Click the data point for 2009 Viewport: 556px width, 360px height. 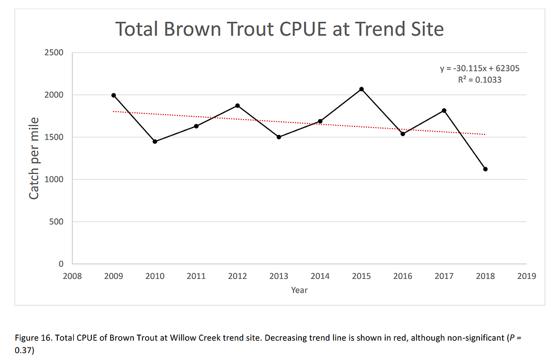click(113, 95)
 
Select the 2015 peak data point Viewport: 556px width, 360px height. click(361, 89)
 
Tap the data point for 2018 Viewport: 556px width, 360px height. click(486, 169)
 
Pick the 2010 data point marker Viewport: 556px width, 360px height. click(155, 141)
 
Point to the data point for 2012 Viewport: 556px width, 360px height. click(238, 105)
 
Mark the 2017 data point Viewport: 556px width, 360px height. click(444, 111)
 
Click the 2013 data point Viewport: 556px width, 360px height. click(279, 137)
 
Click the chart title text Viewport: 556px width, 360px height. click(279, 28)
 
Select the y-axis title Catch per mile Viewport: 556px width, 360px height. click(34, 158)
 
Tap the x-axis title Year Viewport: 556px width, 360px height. click(299, 290)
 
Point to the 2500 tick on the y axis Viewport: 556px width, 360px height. click(54, 53)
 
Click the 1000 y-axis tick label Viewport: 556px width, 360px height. click(54, 179)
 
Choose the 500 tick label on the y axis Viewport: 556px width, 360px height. click(57, 222)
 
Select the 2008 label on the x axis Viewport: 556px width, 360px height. click(72, 276)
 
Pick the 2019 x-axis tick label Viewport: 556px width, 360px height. click(526, 276)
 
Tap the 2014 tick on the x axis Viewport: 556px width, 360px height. click(320, 276)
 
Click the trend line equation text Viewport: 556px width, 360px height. click(479, 68)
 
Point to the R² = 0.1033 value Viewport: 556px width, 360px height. click(479, 80)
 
